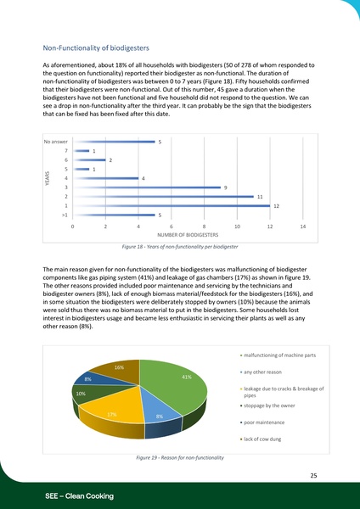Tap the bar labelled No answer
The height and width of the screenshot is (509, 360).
[113, 142]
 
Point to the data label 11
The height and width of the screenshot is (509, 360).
[260, 196]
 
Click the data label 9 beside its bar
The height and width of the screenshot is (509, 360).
[225, 187]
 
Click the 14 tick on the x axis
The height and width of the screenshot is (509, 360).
[302, 227]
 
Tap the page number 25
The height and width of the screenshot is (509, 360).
[313, 476]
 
